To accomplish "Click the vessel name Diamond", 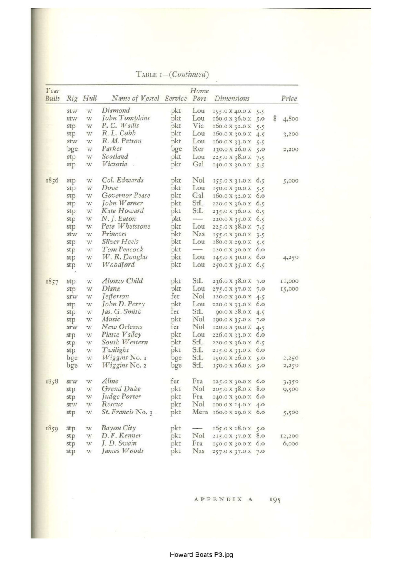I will tap(116, 110).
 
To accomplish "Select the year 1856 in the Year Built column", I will tap(52, 180).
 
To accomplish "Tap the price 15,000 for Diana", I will tap(290, 289).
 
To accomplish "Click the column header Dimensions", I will tap(232, 98).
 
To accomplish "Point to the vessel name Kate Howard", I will tap(123, 211).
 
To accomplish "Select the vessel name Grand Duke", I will tap(121, 389).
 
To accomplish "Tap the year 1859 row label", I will tap(52, 428).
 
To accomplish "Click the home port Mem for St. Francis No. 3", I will tap(200, 412).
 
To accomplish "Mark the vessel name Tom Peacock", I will tap(122, 249).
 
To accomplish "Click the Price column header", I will tap(289, 98).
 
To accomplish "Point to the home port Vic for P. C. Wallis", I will tap(198, 126).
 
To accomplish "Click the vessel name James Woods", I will tap(122, 451).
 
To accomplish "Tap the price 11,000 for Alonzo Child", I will tap(290, 281).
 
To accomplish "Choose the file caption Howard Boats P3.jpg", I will tap(201, 554).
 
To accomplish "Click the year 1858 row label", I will tap(52, 381).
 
